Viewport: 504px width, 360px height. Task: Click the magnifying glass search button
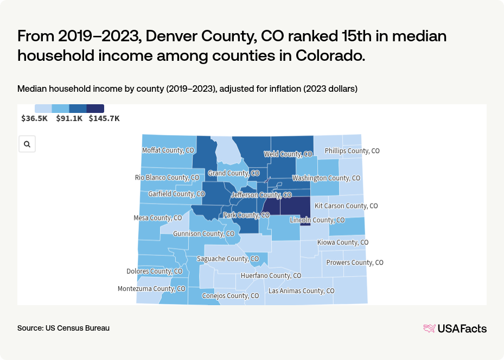[x=27, y=144]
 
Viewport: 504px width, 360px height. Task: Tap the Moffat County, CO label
[x=168, y=150]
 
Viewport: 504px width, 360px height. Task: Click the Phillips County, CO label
[x=352, y=151]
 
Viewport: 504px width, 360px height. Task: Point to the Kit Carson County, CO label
[x=346, y=206]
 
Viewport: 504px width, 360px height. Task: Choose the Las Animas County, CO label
[x=301, y=291]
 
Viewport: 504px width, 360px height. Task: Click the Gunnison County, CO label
[x=203, y=234]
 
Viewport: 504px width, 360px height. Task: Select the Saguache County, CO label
[x=228, y=259]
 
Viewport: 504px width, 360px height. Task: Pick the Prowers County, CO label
[x=355, y=263]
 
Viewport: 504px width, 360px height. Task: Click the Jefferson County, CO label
[x=261, y=195]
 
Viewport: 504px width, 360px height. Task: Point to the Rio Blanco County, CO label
[x=167, y=178]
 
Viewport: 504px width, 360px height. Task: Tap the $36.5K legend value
[x=35, y=118]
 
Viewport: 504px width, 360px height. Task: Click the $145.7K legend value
[x=104, y=118]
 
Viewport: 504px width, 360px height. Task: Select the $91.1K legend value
[x=69, y=118]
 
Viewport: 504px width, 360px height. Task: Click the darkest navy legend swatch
[x=95, y=109]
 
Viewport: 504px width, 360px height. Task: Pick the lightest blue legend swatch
[x=43, y=109]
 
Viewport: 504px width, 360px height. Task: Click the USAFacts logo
[x=455, y=329]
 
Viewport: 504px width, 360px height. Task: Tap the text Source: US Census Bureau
[x=63, y=329]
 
